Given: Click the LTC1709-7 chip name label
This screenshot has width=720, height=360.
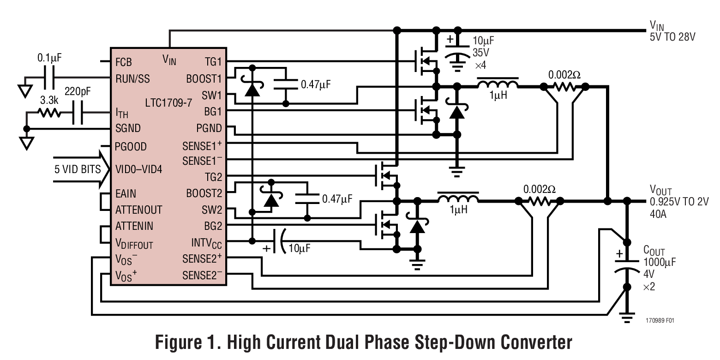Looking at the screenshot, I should (x=169, y=103).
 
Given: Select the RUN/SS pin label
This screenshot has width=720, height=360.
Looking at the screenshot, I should (x=132, y=78).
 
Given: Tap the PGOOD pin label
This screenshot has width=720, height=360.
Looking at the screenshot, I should (x=131, y=147).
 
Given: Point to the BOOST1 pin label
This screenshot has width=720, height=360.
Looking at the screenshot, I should (x=204, y=78).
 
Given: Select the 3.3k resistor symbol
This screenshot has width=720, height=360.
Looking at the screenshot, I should (x=49, y=113).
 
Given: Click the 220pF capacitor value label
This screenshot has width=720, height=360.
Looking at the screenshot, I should (x=78, y=92).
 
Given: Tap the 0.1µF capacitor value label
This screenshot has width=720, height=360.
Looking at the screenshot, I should (x=49, y=59).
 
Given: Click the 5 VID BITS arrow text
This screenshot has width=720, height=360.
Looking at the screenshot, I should (x=77, y=169).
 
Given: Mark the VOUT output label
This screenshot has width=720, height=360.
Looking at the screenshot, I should (x=660, y=191).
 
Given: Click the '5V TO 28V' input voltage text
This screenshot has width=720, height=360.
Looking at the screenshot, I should (x=672, y=37).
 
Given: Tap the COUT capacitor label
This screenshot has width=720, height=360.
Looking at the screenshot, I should (x=654, y=251).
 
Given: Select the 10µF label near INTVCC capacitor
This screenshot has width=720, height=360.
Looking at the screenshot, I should (x=299, y=248).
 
